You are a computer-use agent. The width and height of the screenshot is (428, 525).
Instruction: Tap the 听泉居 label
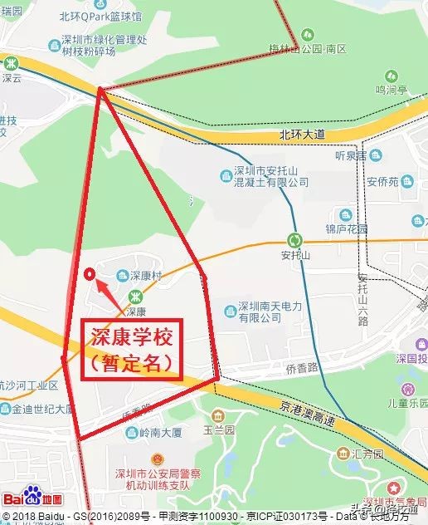click(351, 155)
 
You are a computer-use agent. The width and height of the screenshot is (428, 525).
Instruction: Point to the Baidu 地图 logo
click(32, 498)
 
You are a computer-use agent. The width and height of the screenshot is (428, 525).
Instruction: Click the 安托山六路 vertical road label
click(362, 299)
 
